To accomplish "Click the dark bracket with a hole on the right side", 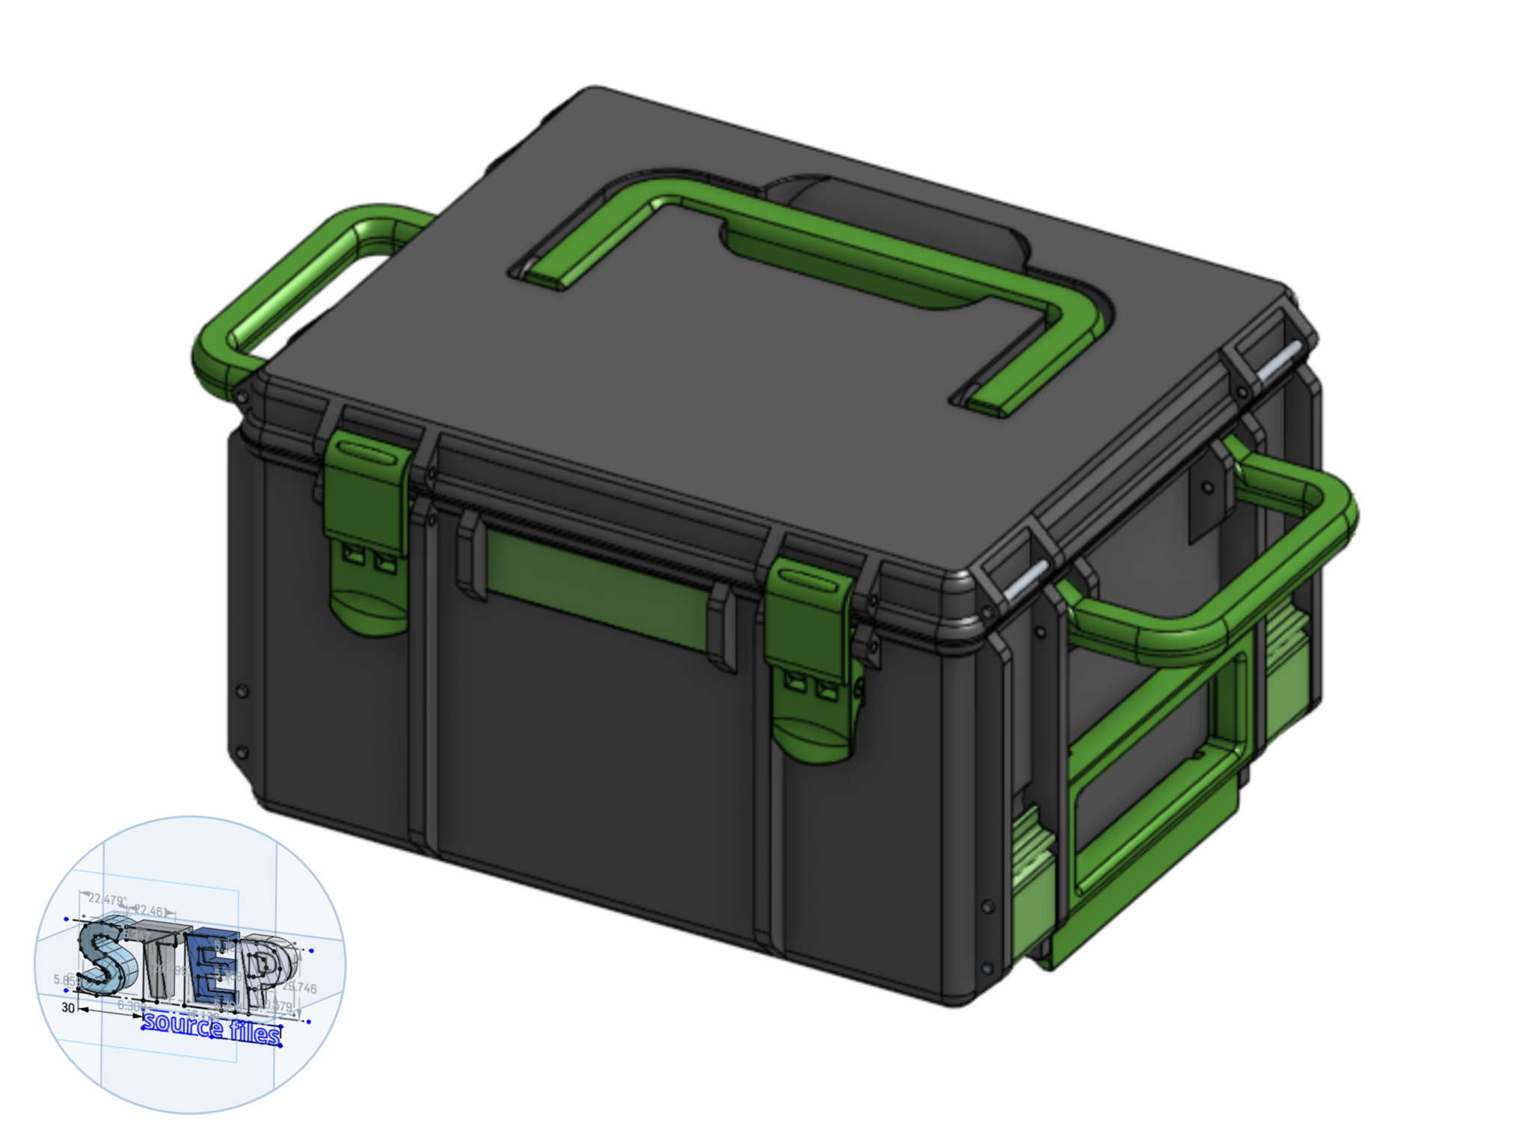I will click(1208, 490).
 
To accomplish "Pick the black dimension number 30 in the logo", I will click(68, 1007).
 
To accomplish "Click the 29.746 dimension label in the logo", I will click(299, 988).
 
